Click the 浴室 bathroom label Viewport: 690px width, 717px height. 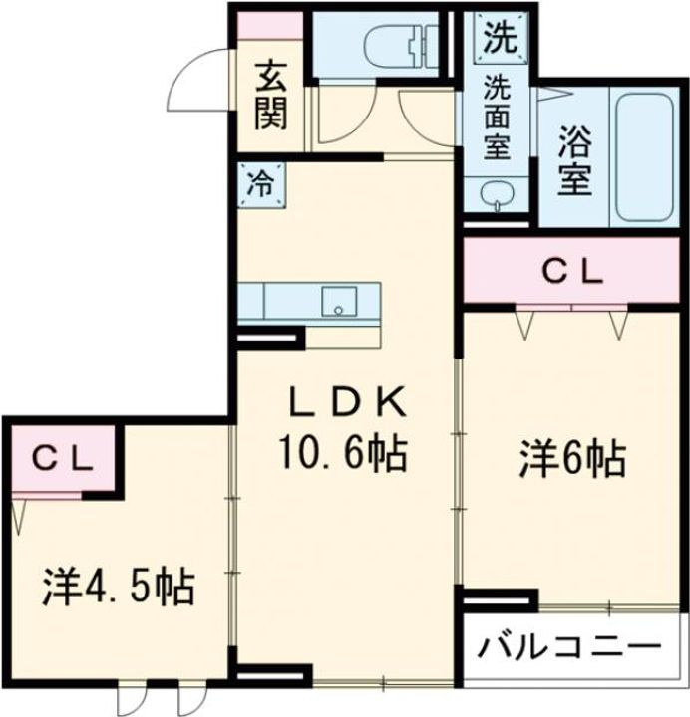pyautogui.click(x=575, y=159)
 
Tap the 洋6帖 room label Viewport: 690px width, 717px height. pyautogui.click(x=571, y=459)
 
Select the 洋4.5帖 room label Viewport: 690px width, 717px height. pyautogui.click(x=118, y=588)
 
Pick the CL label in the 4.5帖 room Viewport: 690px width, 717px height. pyautogui.click(x=61, y=458)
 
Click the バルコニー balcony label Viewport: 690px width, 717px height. pyautogui.click(x=569, y=647)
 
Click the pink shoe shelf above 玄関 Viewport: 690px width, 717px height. pyautogui.click(x=269, y=27)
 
